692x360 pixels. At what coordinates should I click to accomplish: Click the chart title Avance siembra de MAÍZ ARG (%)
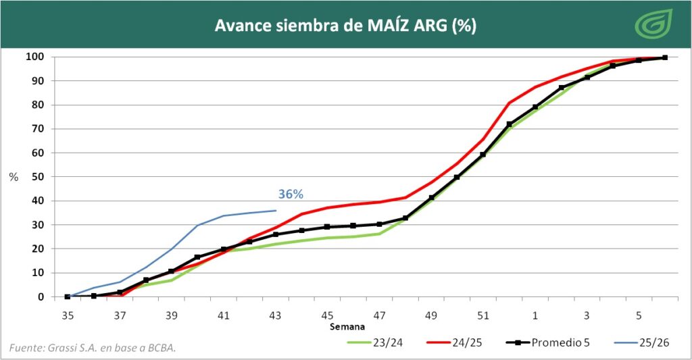(x=345, y=26)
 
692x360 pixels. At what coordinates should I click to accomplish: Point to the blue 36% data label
(x=291, y=195)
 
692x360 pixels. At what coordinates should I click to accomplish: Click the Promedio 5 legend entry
(x=548, y=342)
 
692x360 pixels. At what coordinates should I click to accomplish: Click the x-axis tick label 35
(x=68, y=315)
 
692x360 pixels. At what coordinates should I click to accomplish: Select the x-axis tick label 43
(x=275, y=315)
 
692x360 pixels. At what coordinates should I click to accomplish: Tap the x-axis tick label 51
(x=483, y=315)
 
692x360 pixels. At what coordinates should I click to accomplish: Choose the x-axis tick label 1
(x=535, y=315)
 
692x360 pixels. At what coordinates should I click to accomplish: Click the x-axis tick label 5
(x=639, y=315)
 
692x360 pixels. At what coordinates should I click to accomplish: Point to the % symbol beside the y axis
(x=14, y=177)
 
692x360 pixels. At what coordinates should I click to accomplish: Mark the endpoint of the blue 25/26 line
(x=276, y=210)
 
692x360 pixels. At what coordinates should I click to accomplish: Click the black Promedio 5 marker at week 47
(x=379, y=224)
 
